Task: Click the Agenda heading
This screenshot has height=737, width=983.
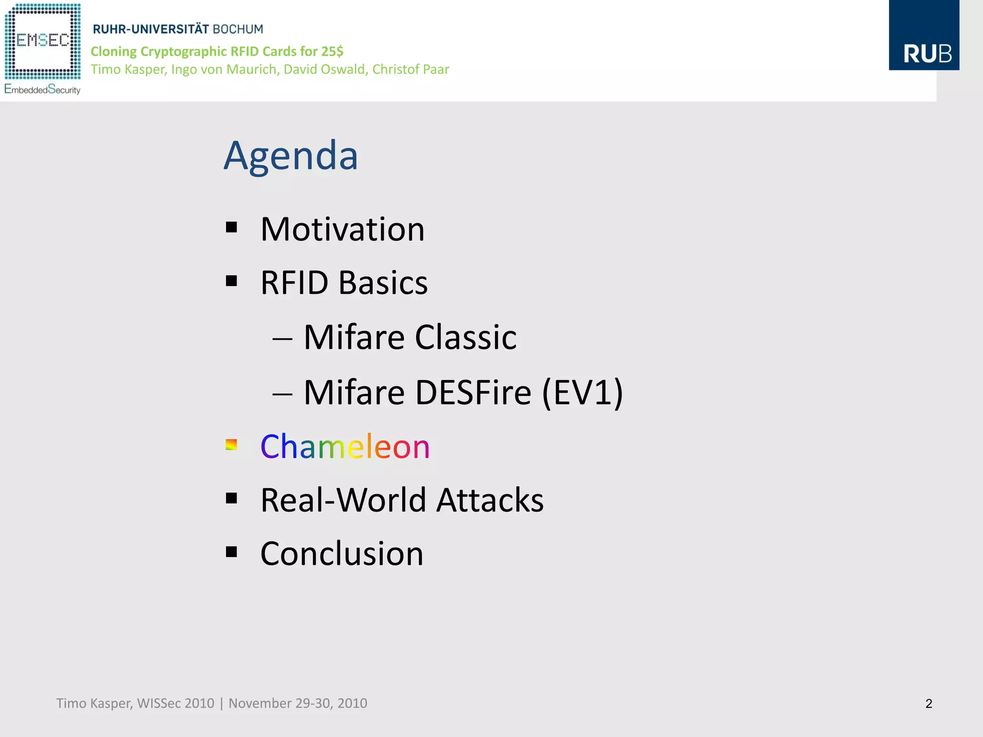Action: [291, 156]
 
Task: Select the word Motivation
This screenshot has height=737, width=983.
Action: [342, 229]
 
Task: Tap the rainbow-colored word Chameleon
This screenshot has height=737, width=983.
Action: [345, 447]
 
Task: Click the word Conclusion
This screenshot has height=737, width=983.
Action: [342, 554]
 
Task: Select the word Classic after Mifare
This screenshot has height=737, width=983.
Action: [465, 337]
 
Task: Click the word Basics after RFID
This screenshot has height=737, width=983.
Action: [383, 283]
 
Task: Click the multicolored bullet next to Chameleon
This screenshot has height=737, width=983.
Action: [231, 445]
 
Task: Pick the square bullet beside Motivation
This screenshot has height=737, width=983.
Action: [231, 227]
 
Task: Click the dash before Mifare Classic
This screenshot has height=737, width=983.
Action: [282, 339]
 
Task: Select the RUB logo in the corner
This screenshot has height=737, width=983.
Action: [923, 36]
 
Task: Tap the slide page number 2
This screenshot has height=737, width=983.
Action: [928, 704]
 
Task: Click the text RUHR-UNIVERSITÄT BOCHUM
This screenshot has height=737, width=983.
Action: [178, 29]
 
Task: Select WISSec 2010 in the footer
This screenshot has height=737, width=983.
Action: [175, 703]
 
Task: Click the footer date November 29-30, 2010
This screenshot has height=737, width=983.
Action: [298, 703]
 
